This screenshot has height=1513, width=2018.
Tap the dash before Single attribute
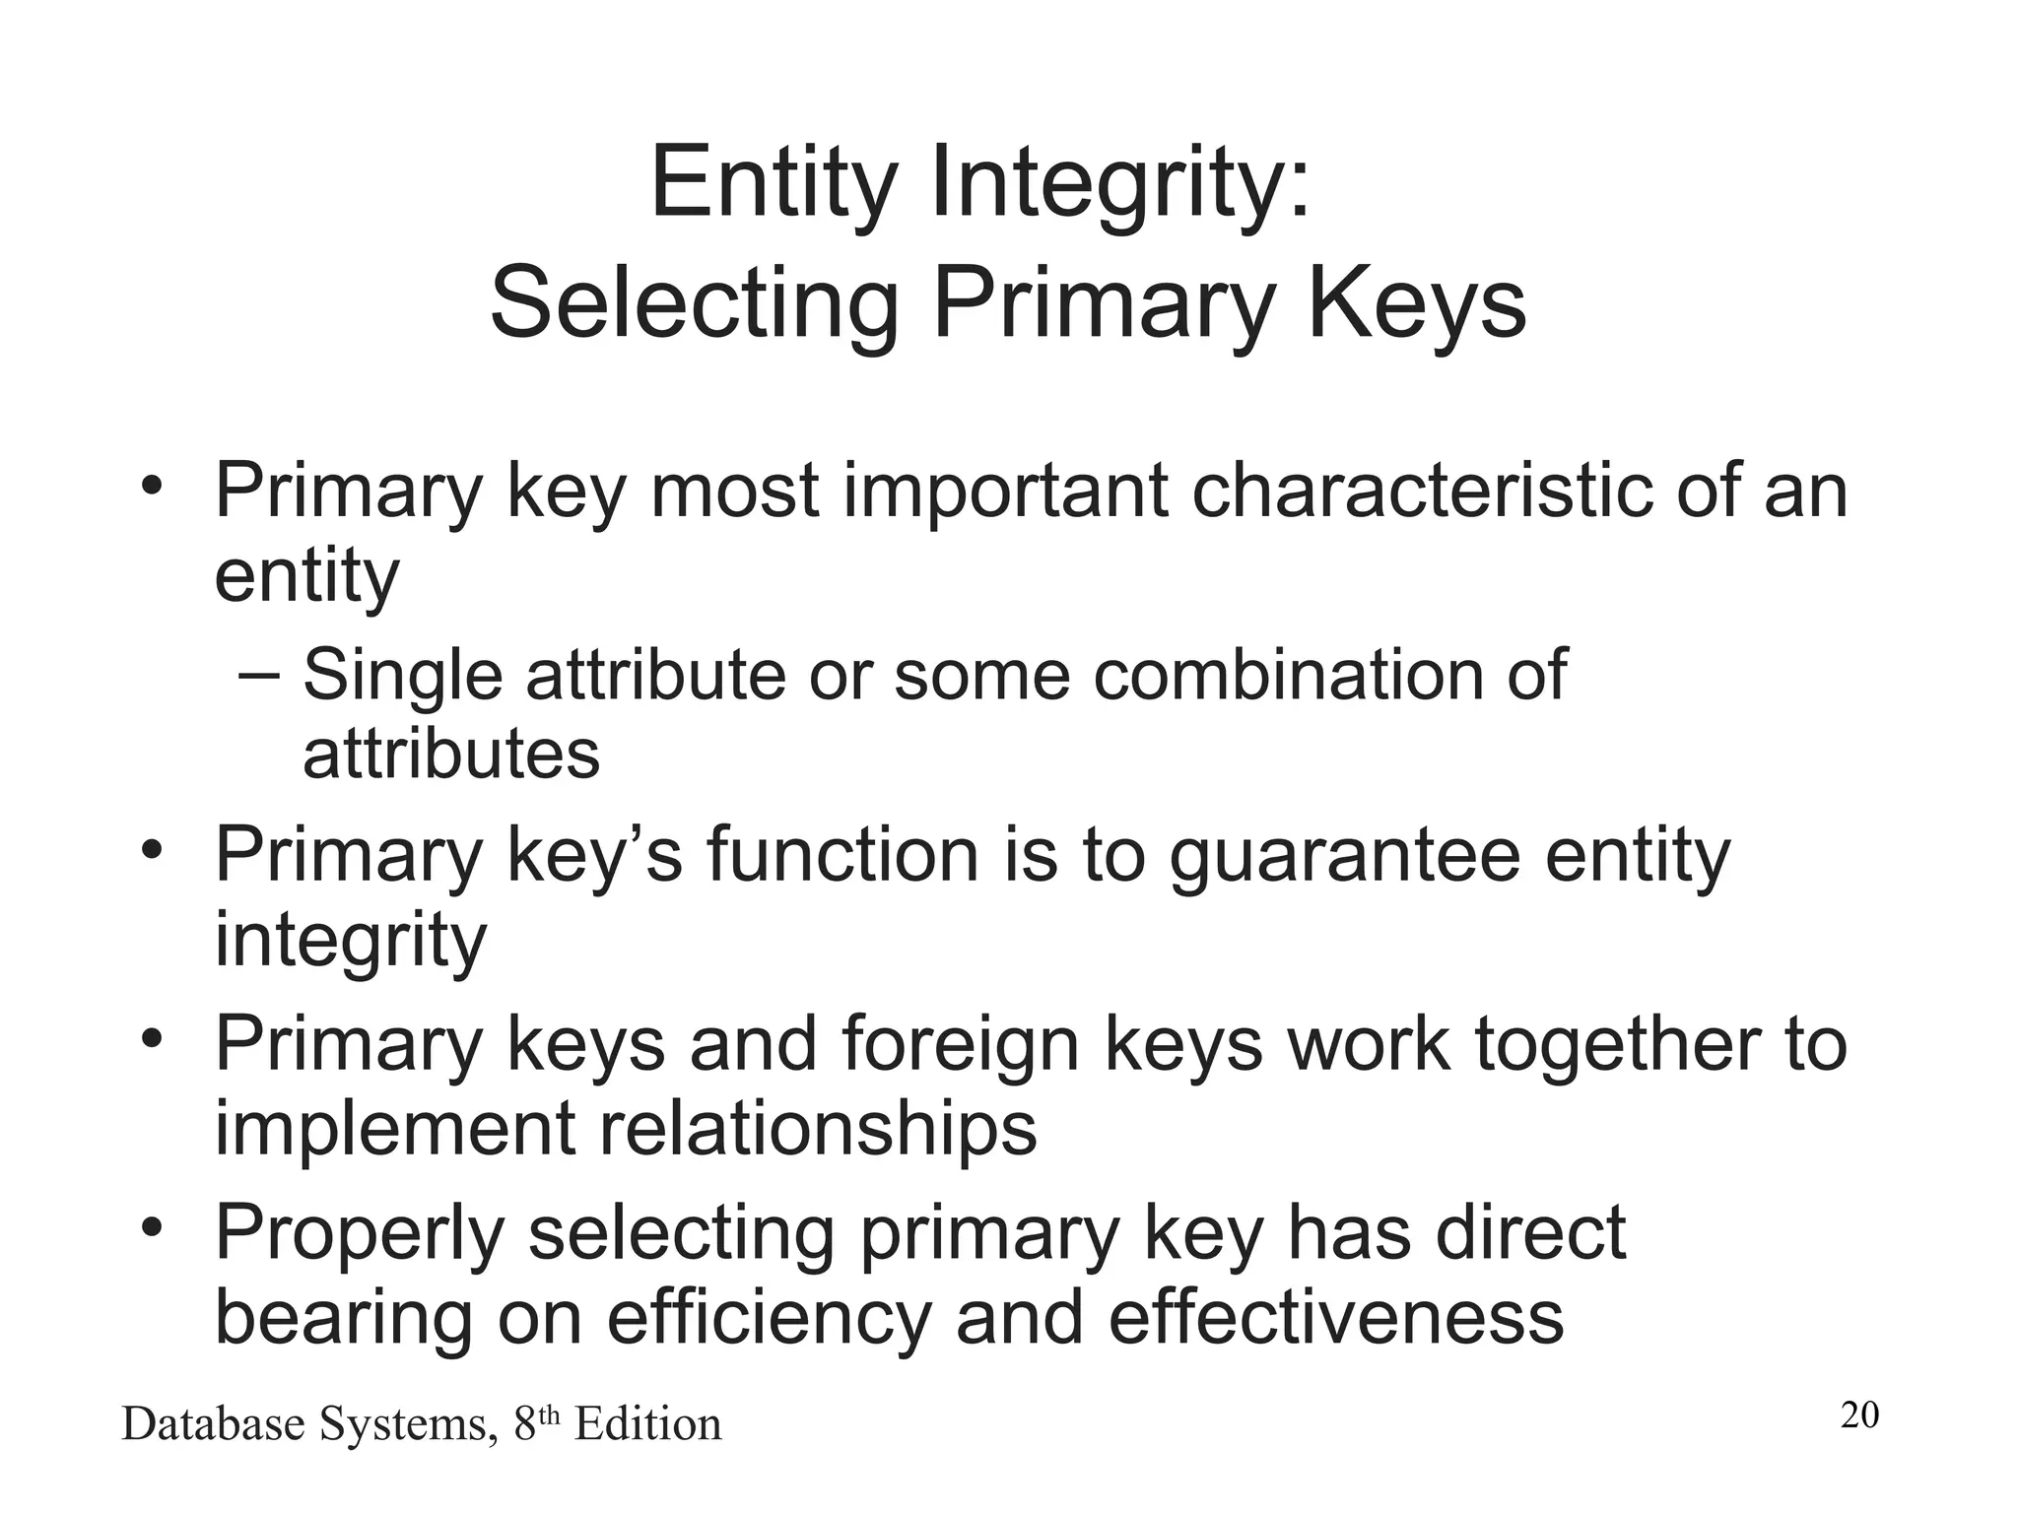pyautogui.click(x=259, y=676)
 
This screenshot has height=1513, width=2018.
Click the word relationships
pyautogui.click(x=817, y=1128)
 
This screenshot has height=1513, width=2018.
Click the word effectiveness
pyautogui.click(x=1335, y=1318)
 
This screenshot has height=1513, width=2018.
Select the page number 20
pyautogui.click(x=1859, y=1415)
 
